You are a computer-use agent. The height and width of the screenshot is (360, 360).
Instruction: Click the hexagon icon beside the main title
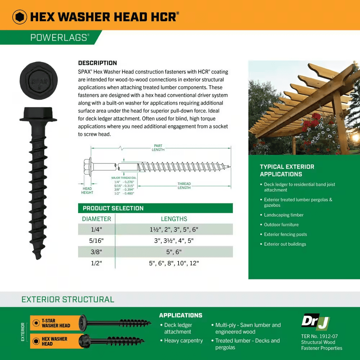click(20, 17)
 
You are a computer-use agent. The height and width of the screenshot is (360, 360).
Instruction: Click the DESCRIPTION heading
click(98, 63)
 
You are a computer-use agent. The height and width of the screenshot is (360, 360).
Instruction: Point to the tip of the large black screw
click(37, 258)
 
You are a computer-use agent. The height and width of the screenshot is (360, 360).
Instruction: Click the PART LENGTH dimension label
click(158, 148)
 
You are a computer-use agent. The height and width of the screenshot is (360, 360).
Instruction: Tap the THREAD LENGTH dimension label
click(184, 186)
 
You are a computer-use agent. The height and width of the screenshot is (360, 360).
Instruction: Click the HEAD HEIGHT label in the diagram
click(87, 190)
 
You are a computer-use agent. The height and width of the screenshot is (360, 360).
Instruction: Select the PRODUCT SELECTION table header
click(113, 208)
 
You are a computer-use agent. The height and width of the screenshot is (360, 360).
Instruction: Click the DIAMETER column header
click(96, 219)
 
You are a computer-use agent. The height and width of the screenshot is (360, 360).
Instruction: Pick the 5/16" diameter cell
click(96, 241)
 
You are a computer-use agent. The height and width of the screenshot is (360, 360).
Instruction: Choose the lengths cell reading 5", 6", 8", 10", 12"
click(174, 263)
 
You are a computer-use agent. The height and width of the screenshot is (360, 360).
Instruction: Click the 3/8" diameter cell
click(96, 252)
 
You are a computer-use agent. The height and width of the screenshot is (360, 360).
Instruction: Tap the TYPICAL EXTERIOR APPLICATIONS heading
click(287, 170)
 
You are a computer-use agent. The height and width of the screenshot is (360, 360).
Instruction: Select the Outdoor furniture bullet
click(281, 225)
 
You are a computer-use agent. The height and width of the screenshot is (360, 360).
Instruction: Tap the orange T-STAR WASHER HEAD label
click(56, 323)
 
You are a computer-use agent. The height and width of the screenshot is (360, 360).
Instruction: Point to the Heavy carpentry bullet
click(183, 341)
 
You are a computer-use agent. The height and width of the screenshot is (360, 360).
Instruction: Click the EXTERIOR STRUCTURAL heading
click(68, 300)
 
